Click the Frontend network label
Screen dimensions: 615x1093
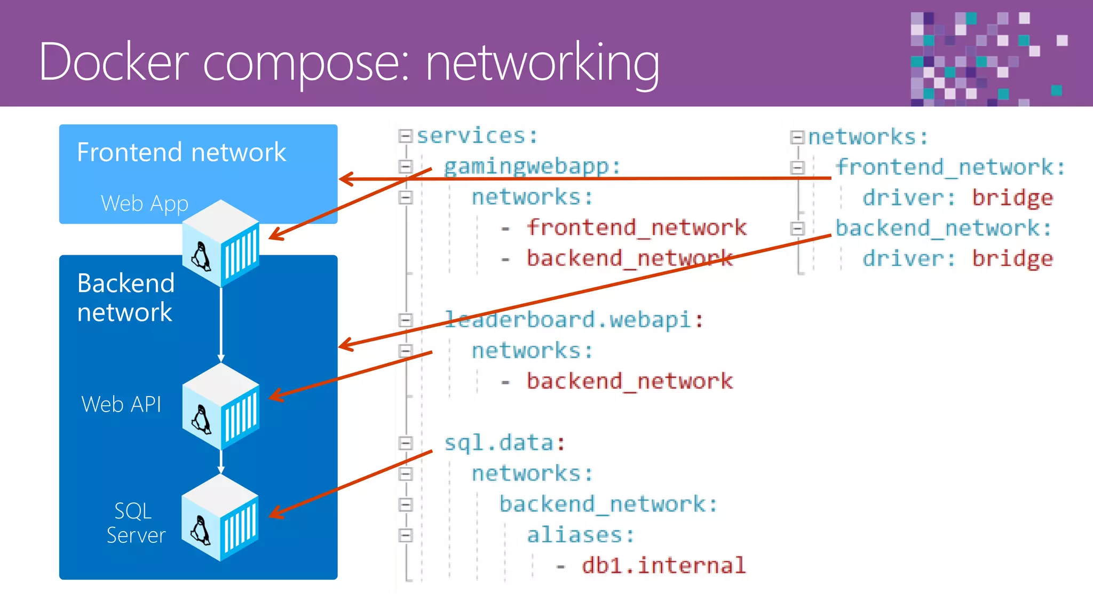[181, 153]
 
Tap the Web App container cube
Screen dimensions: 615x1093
[221, 243]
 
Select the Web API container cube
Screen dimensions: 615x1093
[221, 407]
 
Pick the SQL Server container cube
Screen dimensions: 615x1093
[220, 518]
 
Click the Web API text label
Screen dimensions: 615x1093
[121, 405]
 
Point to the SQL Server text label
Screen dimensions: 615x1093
[136, 523]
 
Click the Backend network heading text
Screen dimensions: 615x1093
[125, 297]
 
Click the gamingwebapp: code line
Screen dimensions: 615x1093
[532, 167]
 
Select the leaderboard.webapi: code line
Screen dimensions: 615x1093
[574, 320]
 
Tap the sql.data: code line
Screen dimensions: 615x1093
[504, 443]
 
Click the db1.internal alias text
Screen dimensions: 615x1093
[663, 565]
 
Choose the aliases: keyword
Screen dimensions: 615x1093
[581, 535]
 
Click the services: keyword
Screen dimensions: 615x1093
[477, 136]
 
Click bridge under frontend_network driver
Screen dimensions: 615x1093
[1012, 198]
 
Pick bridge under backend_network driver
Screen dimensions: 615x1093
[1012, 259]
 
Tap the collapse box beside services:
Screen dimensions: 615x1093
[406, 136]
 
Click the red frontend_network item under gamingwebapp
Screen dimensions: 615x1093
[637, 228]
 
